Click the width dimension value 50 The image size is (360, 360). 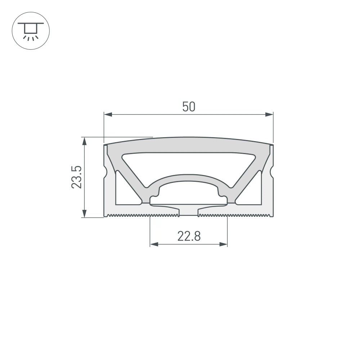(x=188, y=107)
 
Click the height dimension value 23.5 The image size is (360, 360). (x=76, y=177)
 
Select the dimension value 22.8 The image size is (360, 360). (x=188, y=237)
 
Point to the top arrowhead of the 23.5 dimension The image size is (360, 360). (x=85, y=141)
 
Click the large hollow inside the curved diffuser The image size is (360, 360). (x=189, y=164)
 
